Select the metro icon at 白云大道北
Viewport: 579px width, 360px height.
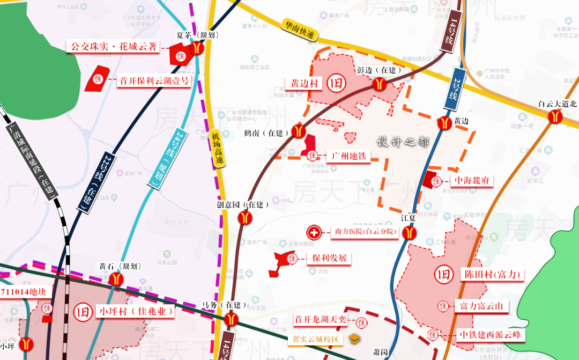click(554, 116)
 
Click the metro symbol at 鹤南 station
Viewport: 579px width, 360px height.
click(298, 131)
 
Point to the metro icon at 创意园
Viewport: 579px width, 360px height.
click(245, 217)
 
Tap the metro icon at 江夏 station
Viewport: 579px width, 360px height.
click(410, 233)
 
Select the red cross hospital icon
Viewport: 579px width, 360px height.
click(314, 232)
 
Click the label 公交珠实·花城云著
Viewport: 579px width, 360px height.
click(113, 47)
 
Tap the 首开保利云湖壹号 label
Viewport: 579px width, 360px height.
click(154, 81)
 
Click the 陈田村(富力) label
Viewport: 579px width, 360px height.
click(492, 275)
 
